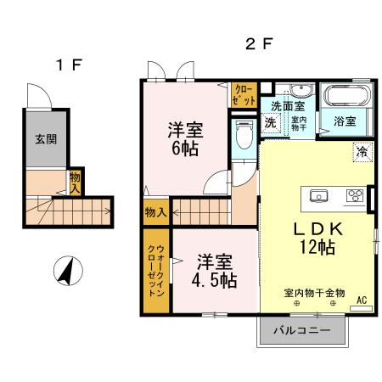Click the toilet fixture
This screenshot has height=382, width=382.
point(244,135)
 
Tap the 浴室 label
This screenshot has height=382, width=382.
point(345,121)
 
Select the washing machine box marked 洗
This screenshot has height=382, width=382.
point(270,123)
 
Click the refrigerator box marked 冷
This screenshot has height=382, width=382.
point(362,154)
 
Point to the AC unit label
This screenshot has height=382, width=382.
point(361,301)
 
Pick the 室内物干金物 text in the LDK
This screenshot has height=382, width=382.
point(314,293)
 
